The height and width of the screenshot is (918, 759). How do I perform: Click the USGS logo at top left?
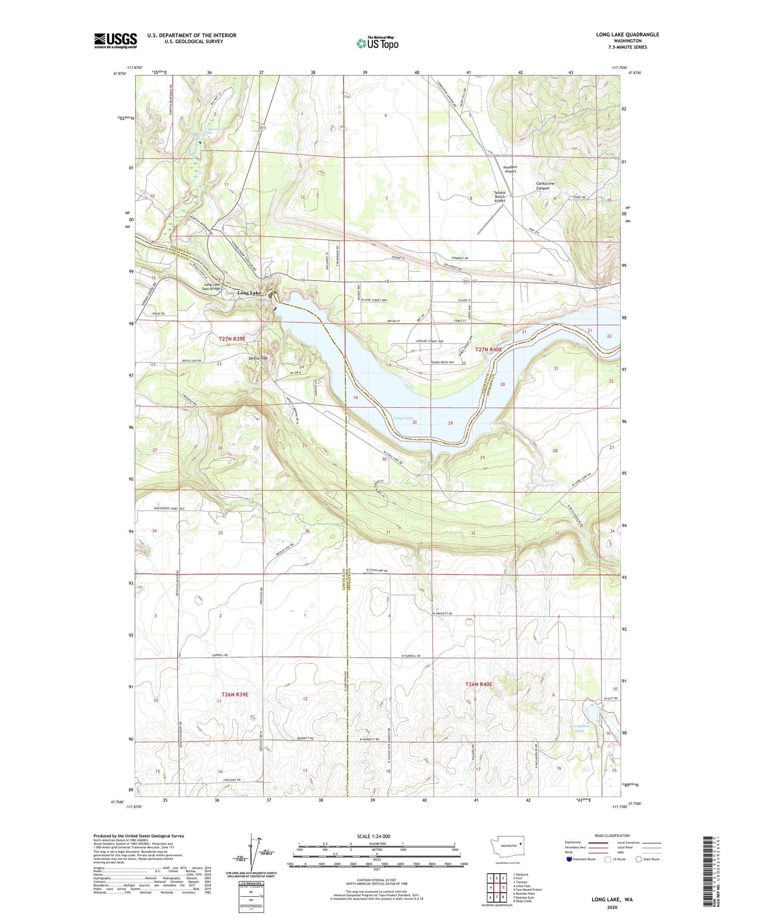[115, 41]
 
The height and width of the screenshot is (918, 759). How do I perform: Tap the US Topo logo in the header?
[377, 44]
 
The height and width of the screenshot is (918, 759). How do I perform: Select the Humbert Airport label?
[510, 169]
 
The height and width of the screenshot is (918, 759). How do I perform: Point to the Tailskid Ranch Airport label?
[500, 196]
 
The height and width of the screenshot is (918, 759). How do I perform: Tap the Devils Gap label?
[258, 358]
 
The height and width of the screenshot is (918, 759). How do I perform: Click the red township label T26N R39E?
[235, 694]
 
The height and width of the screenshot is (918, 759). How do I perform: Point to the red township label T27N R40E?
[489, 349]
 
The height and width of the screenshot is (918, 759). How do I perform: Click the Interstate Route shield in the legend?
[569, 859]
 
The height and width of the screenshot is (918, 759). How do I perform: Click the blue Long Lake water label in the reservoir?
[403, 418]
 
